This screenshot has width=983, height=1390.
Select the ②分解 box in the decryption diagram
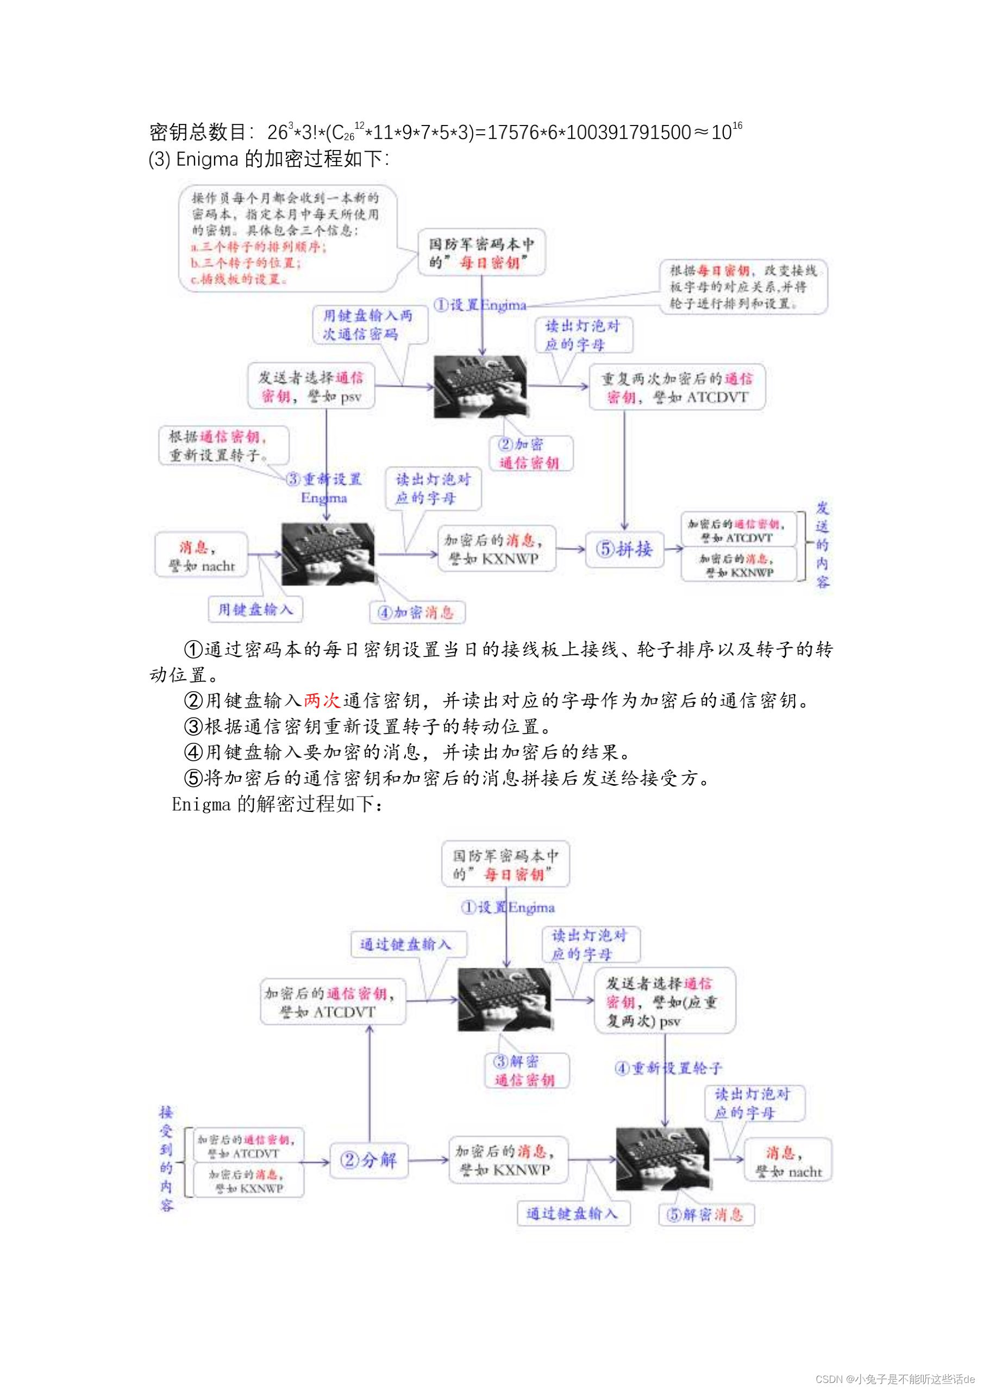point(368,1160)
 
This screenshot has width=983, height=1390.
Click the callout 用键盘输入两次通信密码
point(369,325)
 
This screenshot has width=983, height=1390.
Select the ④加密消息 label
point(417,612)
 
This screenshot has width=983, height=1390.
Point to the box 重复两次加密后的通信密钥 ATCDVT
point(677,387)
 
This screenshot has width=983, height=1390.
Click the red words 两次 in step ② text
point(322,700)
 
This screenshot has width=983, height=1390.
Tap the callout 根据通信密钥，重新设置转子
point(223,446)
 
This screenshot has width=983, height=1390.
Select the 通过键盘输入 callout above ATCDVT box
point(408,944)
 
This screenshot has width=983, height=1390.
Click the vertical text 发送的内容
point(822,545)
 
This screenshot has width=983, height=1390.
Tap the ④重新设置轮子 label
point(668,1068)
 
